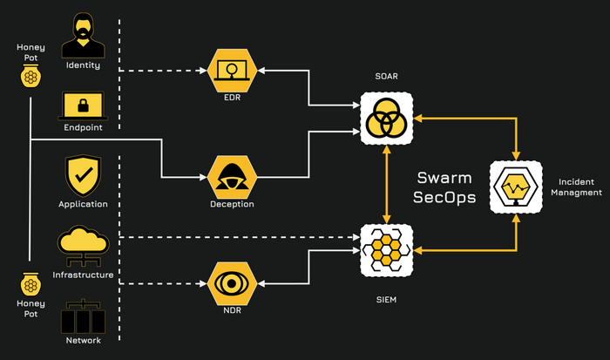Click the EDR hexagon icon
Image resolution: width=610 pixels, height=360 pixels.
232,71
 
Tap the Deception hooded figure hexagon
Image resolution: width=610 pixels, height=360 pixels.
232,177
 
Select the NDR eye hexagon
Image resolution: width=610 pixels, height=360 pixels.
232,283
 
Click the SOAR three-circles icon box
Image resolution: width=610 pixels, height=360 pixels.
386,119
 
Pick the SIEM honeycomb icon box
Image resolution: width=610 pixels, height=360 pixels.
386,250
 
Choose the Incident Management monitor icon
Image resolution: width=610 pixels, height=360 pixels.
516,187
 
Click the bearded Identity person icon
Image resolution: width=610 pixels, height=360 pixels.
83,36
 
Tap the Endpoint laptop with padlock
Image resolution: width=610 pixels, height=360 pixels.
83,105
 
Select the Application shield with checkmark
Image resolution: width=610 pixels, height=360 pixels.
83,175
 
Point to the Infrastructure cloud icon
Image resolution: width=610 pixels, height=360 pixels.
83,246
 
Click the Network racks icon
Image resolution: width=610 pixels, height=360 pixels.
83,316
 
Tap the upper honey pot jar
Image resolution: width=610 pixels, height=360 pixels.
30,77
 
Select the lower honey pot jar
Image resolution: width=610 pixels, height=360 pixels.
30,284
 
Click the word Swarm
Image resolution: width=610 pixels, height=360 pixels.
444,178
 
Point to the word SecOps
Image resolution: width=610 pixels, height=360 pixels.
444,197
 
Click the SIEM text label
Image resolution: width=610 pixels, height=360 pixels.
386,300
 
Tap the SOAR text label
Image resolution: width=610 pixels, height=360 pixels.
386,77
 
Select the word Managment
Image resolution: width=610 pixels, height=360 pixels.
576,193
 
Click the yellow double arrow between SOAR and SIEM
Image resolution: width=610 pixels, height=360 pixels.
386,185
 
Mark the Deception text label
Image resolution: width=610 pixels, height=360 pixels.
232,204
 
